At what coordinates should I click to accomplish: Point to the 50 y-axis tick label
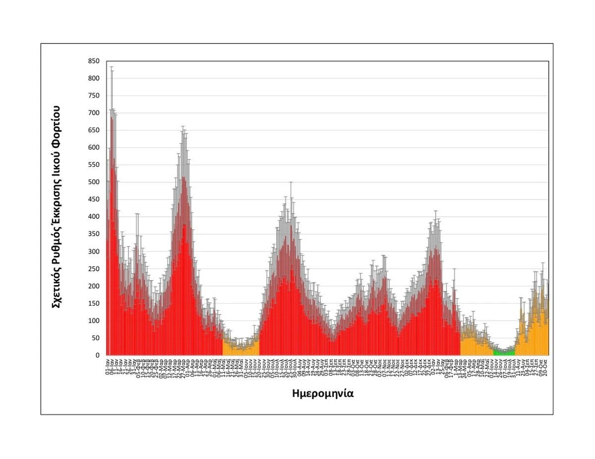pos(95,338)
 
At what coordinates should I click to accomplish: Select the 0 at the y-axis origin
pos(97,356)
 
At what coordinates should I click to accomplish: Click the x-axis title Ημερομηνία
pos(323,394)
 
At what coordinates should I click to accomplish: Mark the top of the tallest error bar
pos(112,67)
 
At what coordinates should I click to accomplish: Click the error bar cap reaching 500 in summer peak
pos(291,182)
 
